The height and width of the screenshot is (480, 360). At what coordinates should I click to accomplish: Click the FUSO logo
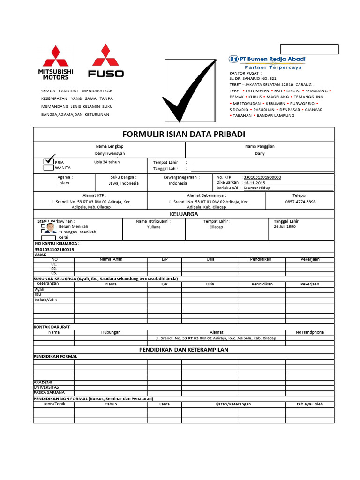pos(106,60)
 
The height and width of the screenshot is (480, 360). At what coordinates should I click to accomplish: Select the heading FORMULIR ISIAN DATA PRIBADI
pos(183,134)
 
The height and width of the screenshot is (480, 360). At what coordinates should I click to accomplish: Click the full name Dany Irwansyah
pos(111,153)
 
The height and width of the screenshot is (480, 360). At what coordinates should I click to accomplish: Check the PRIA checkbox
pos(49,161)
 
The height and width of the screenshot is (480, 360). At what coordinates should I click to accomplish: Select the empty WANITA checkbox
pos(49,167)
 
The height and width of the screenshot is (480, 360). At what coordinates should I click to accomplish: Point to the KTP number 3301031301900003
pos(262,177)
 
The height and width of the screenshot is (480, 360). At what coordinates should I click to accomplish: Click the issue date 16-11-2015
pos(254,183)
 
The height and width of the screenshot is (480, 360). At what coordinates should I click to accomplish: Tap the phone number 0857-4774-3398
pos(300,202)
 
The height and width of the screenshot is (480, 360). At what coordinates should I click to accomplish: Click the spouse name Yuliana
pos(154,227)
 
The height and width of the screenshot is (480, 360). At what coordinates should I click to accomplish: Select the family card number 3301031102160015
pos(54,250)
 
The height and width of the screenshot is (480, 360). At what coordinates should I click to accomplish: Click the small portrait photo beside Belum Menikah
pos(50,228)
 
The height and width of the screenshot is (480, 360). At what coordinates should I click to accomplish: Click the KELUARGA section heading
pos(183,214)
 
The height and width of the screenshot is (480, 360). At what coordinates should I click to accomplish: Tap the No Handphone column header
pos(309,332)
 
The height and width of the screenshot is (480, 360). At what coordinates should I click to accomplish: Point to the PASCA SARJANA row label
pos(49,392)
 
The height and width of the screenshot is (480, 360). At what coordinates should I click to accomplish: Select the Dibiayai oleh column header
pos(309,404)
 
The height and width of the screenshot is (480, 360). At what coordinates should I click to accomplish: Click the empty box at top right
pos(309,49)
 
